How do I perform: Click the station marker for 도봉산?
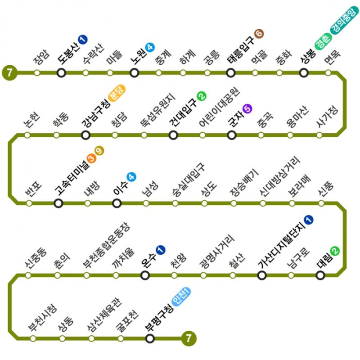(61, 73)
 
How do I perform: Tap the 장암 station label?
(41, 57)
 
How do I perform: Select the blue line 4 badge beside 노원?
(150, 47)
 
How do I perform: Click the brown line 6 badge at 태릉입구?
(259, 34)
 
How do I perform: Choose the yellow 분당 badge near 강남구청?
(117, 93)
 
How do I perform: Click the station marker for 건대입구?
(173, 135)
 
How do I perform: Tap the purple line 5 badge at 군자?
(247, 108)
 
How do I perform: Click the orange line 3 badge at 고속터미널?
(91, 158)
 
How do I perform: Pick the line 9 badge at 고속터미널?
(99, 151)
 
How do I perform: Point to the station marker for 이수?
(117, 203)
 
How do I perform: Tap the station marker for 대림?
(320, 275)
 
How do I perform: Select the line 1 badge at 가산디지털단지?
(309, 220)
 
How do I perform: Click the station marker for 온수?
(145, 275)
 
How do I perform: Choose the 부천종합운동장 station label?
(106, 245)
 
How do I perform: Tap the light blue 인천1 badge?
(181, 297)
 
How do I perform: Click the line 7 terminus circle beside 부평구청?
(189, 338)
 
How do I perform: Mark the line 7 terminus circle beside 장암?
(9, 73)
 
